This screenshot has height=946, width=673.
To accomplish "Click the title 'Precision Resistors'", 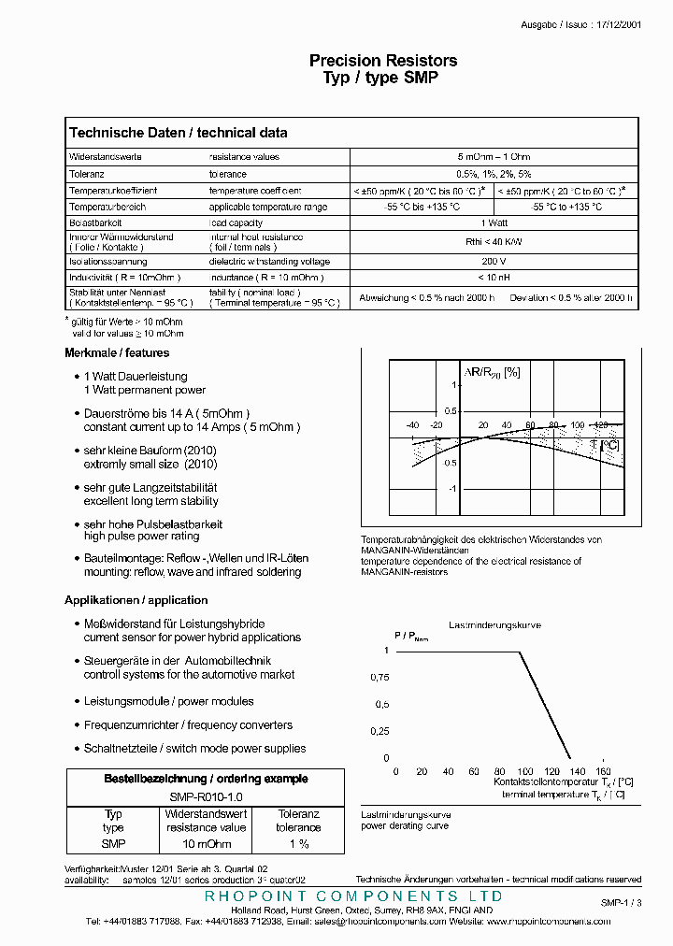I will [x=383, y=61].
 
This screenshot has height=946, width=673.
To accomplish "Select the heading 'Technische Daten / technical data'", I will [x=179, y=133].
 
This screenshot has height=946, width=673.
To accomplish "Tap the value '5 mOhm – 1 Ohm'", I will [x=494, y=157].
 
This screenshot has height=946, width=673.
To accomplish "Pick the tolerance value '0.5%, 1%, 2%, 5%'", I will [x=494, y=174].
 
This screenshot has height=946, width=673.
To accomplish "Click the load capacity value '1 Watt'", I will [x=494, y=223].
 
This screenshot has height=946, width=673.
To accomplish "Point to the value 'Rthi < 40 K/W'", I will [x=494, y=241].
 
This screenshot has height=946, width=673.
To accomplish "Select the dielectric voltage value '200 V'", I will [x=494, y=262].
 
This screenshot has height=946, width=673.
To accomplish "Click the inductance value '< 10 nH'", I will [x=494, y=278].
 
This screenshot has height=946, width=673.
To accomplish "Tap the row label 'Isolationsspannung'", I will [x=107, y=262].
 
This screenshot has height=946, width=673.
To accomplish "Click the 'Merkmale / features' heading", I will [x=117, y=353].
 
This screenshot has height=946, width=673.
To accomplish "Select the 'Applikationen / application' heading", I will [x=136, y=600].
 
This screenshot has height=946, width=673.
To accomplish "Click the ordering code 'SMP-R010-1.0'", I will [x=206, y=795].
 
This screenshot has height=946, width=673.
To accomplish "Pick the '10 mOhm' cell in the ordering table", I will [x=206, y=843].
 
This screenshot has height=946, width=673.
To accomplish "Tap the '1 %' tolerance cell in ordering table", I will [x=298, y=843].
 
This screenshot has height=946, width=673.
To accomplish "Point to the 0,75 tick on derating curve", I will [x=379, y=677].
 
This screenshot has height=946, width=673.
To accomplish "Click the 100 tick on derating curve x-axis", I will [x=525, y=771].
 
